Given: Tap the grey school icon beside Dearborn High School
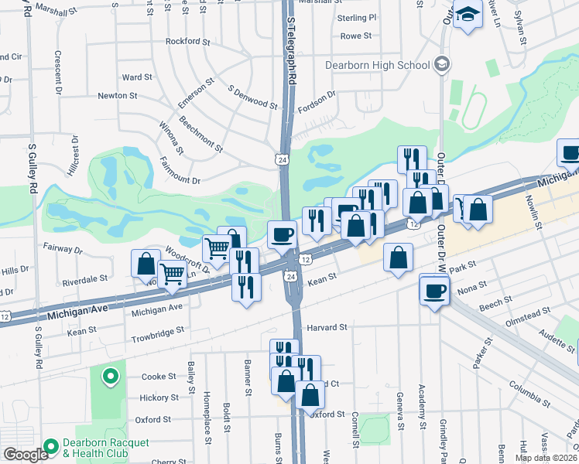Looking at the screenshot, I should click(441, 63).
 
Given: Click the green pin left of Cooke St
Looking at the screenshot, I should click(111, 377).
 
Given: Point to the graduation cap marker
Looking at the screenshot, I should click(468, 15).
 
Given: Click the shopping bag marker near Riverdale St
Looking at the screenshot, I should click(146, 264).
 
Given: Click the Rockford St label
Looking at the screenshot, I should click(188, 41).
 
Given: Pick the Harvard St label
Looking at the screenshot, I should click(327, 328).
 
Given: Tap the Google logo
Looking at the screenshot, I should click(26, 455).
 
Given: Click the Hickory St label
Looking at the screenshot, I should click(159, 397).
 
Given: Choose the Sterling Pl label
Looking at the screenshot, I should click(357, 17).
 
